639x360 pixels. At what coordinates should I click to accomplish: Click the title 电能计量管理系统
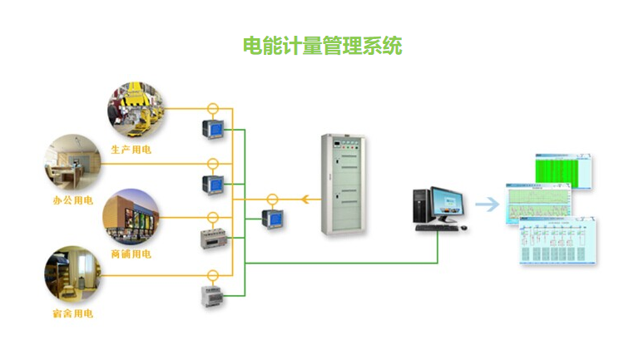coord(321,46)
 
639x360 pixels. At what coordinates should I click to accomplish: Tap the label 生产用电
coord(131,150)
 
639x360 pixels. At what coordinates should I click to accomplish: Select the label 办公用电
coord(72,200)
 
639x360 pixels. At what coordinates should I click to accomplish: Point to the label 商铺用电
coord(131,254)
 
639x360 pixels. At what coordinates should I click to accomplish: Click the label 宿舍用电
coord(72,313)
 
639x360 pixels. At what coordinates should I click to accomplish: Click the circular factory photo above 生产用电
coord(136,109)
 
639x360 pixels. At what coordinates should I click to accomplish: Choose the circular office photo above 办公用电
coord(72,161)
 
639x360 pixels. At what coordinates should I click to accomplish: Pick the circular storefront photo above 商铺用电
coord(131,216)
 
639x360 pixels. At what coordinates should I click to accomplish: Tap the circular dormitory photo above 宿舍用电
coord(72,274)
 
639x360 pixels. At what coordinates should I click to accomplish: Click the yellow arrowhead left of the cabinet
coord(306,200)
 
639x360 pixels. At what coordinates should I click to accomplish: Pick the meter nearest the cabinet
coord(271,219)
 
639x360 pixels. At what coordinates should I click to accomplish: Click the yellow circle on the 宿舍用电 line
coord(212,274)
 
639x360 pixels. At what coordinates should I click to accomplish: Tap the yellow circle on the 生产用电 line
coord(212,108)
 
